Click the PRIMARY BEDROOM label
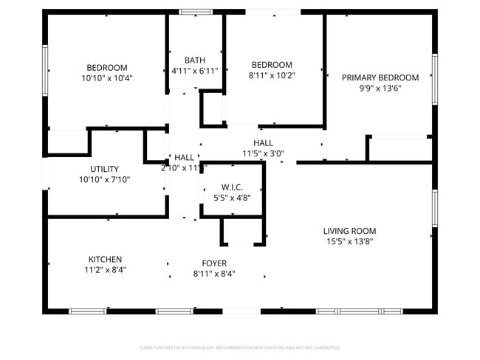tap(380, 77)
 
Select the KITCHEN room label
tap(105, 260)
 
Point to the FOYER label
tap(214, 263)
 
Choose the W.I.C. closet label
tap(232, 187)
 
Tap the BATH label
tap(195, 60)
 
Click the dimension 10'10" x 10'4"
tap(107, 77)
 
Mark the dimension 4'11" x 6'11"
tap(195, 71)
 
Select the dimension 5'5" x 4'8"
tap(232, 198)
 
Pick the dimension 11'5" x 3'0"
tap(263, 153)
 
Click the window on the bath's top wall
tap(196, 12)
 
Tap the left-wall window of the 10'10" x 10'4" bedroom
tap(45, 70)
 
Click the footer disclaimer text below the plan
tap(239, 347)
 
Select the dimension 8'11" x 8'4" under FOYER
tap(214, 274)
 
